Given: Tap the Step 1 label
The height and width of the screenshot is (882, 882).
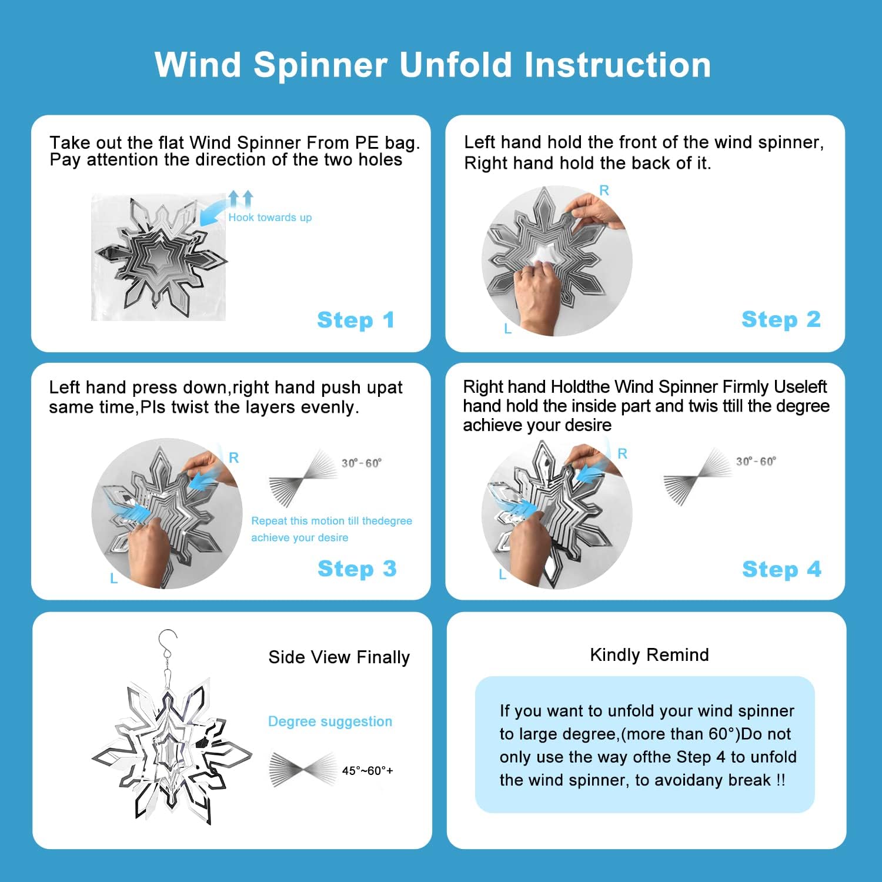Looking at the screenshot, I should click(355, 320).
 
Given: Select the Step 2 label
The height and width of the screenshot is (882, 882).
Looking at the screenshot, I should click(780, 319).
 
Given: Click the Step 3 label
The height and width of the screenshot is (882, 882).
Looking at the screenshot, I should click(356, 569).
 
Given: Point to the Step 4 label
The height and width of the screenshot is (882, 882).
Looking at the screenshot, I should click(781, 569).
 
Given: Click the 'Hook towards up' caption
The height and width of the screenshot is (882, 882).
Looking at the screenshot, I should click(270, 218).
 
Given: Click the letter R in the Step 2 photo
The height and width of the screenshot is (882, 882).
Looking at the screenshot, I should click(604, 191).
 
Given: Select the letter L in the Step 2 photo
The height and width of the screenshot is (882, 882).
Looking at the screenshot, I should click(508, 329).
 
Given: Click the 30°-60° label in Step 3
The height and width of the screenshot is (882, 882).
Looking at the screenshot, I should click(362, 463).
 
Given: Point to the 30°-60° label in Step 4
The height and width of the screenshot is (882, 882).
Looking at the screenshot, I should click(756, 462).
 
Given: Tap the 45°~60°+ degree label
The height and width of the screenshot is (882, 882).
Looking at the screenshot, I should click(367, 771).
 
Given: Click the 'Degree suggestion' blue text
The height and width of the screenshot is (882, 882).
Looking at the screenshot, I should click(330, 721).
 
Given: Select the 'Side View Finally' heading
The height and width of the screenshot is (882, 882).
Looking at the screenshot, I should click(339, 657).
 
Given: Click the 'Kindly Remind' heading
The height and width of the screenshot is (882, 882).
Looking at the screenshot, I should click(649, 655).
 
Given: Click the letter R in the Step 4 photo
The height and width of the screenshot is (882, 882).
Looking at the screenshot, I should click(622, 454).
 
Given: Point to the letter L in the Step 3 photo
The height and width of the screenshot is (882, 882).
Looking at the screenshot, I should click(114, 579).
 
